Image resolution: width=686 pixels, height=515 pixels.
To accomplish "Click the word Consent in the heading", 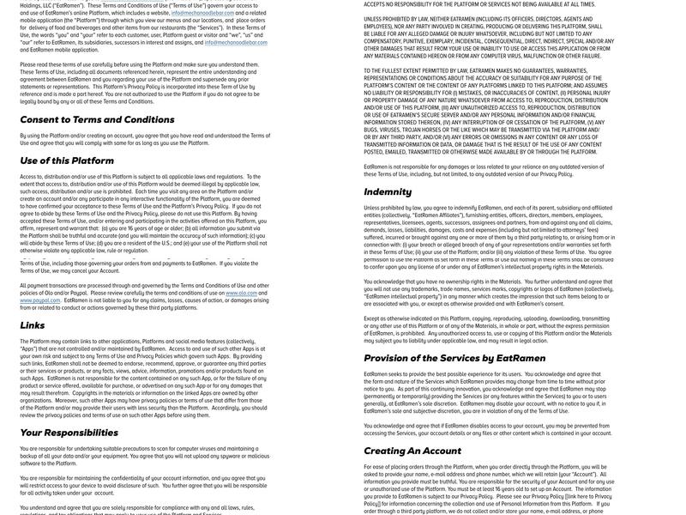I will pyautogui.click(x=44, y=119).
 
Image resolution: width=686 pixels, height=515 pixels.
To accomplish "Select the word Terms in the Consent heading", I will pyautogui.click(x=93, y=119).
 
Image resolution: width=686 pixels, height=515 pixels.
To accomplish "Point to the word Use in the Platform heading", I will pyautogui.click(x=29, y=161).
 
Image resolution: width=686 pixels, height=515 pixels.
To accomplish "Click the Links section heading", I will pyautogui.click(x=32, y=325).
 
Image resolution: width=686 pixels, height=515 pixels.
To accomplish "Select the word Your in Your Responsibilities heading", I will pyautogui.click(x=31, y=433).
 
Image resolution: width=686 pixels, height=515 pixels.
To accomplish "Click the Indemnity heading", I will pyautogui.click(x=388, y=191).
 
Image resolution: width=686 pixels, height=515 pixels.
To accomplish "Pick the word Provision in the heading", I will pyautogui.click(x=390, y=358).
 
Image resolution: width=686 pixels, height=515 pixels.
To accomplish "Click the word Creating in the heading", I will pyautogui.click(x=384, y=451).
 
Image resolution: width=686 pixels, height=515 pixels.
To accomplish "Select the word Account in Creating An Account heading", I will pyautogui.click(x=442, y=451).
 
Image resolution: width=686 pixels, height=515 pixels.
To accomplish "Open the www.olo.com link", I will pyautogui.click(x=241, y=293).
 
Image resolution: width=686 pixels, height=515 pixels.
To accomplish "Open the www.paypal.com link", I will pyautogui.click(x=39, y=300).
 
